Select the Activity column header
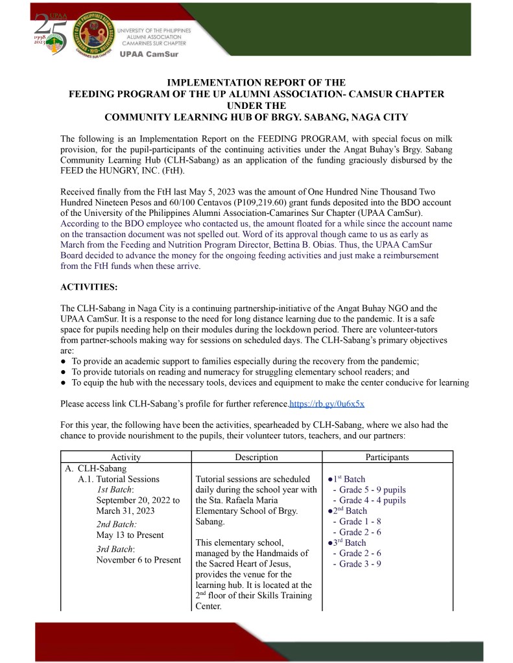coord(126,457)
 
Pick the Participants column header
coord(387,457)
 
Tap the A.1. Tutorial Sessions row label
coord(119,480)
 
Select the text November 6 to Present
coord(138,560)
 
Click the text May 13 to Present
coord(130,535)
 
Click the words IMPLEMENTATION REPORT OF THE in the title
coord(256,84)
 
